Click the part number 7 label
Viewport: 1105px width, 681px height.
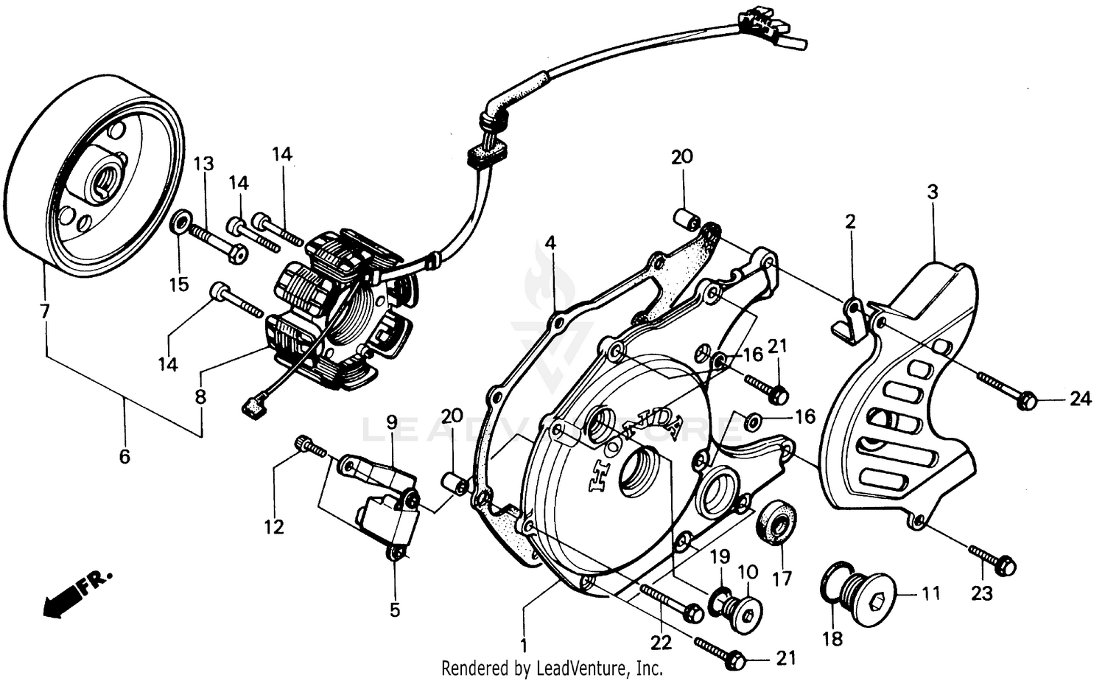point(46,311)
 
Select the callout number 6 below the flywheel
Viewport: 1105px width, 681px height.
point(124,457)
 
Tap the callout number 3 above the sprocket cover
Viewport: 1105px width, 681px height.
point(932,192)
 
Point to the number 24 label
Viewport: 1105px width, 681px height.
point(1080,399)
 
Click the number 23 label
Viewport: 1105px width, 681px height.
point(982,593)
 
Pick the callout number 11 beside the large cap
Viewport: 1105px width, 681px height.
point(931,593)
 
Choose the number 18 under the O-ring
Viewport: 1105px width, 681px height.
point(832,638)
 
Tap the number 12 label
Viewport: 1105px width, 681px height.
point(274,527)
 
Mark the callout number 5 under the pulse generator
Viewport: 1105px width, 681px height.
point(395,610)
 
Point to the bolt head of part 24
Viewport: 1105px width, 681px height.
point(1028,401)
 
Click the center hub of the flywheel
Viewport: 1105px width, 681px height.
point(100,177)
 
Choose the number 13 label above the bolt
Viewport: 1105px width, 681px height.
point(204,164)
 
